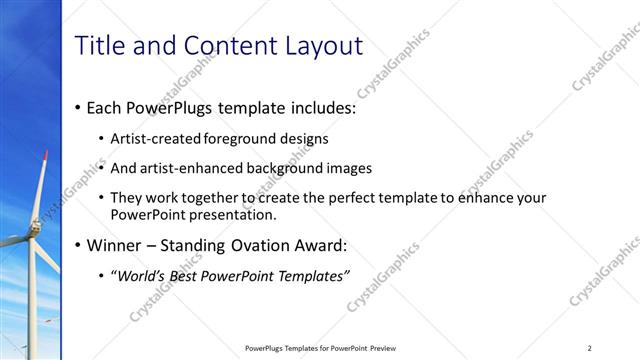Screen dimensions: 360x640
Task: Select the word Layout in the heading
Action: pos(322,45)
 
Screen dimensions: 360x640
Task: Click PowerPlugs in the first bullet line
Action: pos(166,108)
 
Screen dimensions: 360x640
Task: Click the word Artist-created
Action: pos(156,138)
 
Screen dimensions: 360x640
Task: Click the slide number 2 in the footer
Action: pos(590,348)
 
